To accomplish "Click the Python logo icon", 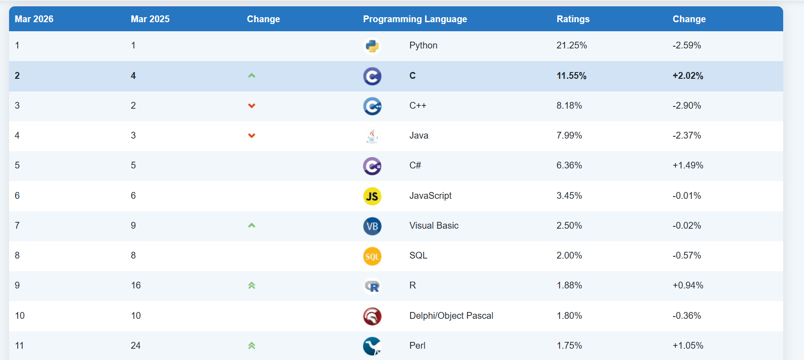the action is point(372,46).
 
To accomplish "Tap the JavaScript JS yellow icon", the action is point(372,197).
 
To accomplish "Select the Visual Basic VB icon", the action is point(372,226).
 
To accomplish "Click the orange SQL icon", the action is point(372,256).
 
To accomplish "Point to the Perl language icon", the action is point(372,346).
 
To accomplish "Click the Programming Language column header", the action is point(415,19).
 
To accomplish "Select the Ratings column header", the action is point(573,19).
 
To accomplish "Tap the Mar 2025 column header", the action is point(150,19).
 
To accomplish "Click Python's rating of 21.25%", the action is point(571,45).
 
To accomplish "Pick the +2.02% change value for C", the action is point(688,76).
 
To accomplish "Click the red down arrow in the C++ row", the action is point(252,106).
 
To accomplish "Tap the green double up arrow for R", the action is point(252,285).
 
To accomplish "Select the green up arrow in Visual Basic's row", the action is point(252,225).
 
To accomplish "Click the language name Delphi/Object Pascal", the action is point(451,316).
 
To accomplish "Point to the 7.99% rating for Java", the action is point(569,135).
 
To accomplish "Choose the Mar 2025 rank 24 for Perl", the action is point(135,346).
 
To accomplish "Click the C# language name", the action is point(415,165).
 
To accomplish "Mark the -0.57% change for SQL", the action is point(687,255).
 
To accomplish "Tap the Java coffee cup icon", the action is point(372,136).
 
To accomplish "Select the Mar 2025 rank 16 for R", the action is point(136,285).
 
